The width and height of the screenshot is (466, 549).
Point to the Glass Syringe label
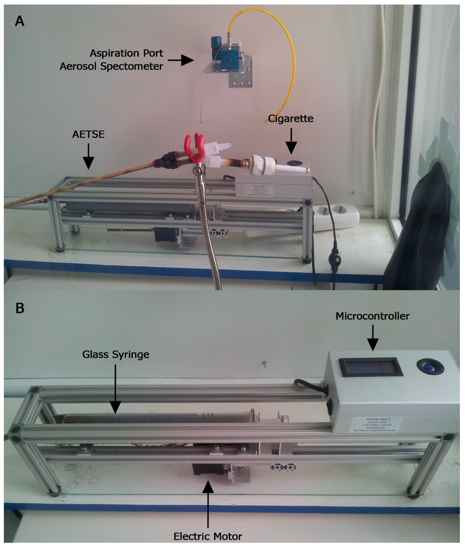tap(116, 354)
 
